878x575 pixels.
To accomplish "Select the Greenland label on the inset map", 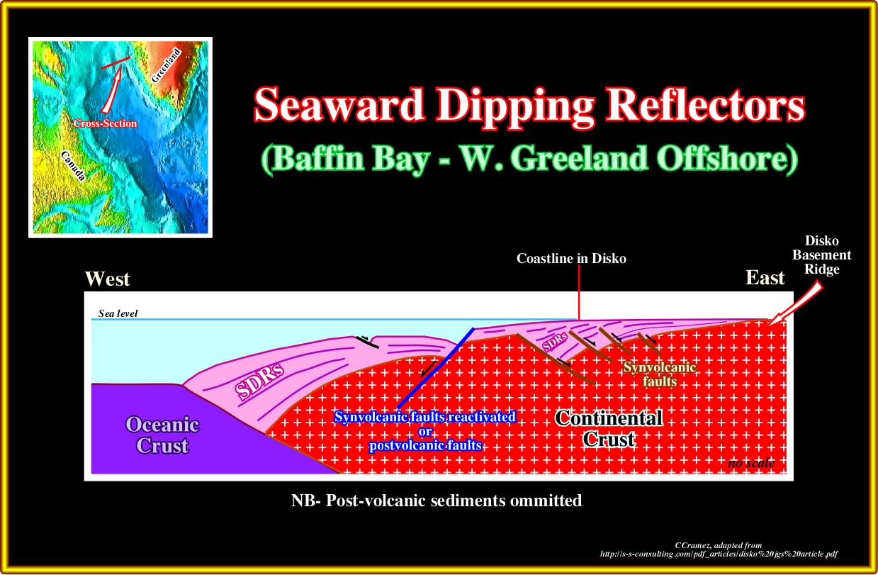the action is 167,65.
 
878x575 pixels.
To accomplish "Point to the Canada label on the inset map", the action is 73,166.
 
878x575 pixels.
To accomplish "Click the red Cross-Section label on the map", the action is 105,123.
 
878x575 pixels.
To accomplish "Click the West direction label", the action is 107,279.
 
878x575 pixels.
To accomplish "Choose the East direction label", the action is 765,278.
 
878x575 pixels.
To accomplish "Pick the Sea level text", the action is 118,313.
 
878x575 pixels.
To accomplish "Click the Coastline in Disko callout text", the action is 571,259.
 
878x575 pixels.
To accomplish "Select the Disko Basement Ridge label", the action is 821,255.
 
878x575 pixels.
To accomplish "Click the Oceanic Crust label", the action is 162,435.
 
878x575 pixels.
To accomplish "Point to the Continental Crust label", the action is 609,429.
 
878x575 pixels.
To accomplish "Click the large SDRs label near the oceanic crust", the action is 259,380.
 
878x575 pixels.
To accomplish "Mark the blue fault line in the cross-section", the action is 436,368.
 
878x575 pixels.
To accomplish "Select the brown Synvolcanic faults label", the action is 660,374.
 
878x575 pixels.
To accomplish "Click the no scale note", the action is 751,463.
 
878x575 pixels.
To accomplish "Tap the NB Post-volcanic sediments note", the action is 437,501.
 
